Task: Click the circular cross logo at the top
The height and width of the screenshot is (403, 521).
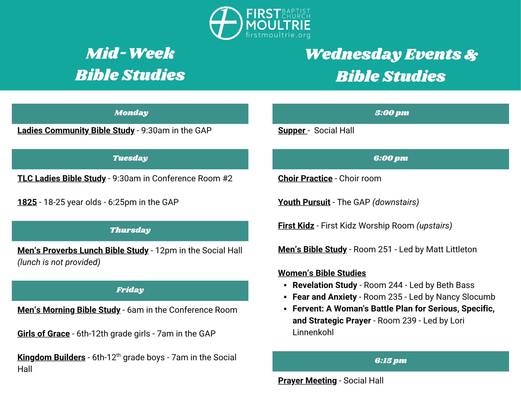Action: pyautogui.click(x=226, y=23)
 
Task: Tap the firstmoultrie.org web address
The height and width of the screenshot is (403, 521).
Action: pyautogui.click(x=278, y=35)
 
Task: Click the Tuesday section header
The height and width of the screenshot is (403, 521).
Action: pyautogui.click(x=130, y=159)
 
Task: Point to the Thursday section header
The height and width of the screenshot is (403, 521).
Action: pyautogui.click(x=130, y=231)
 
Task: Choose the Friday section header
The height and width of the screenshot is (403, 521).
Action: pyautogui.click(x=130, y=291)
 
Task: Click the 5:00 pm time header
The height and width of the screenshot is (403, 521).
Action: pyautogui.click(x=391, y=113)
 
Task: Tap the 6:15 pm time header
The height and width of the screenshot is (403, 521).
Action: pyautogui.click(x=391, y=361)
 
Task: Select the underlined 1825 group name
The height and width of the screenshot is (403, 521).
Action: pyautogui.click(x=27, y=202)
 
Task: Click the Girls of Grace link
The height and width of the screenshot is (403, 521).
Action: pyautogui.click(x=44, y=334)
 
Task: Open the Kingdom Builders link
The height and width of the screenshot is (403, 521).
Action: pyautogui.click(x=51, y=357)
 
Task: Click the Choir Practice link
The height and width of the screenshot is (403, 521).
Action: pyautogui.click(x=305, y=178)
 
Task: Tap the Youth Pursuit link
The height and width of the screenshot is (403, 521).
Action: pyautogui.click(x=304, y=202)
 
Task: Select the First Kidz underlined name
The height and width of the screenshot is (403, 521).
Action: pyautogui.click(x=296, y=226)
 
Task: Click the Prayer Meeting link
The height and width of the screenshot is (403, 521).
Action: pyautogui.click(x=307, y=381)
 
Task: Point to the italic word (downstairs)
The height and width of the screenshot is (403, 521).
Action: pyautogui.click(x=396, y=202)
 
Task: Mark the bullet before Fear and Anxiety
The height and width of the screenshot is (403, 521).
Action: pyautogui.click(x=286, y=297)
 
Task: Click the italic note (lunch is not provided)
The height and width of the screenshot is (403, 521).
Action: pyautogui.click(x=59, y=262)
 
